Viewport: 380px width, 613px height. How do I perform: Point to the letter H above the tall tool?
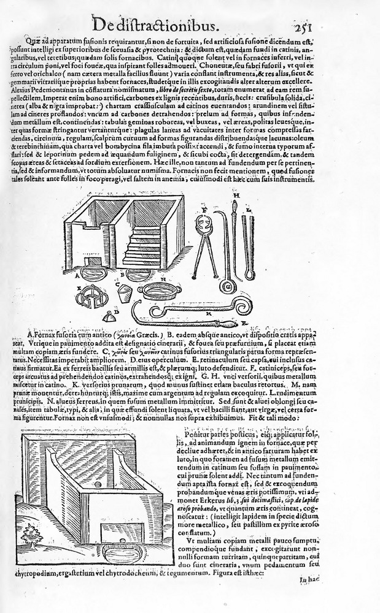(x=236, y=194)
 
